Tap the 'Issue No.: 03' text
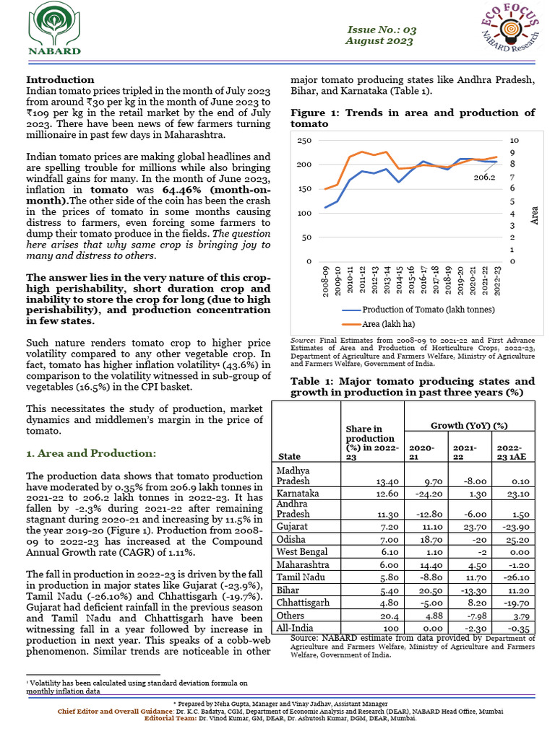[x=382, y=30]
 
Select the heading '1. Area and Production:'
[x=90, y=453]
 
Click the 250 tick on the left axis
[x=304, y=140]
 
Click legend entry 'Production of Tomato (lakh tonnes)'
[x=418, y=310]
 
